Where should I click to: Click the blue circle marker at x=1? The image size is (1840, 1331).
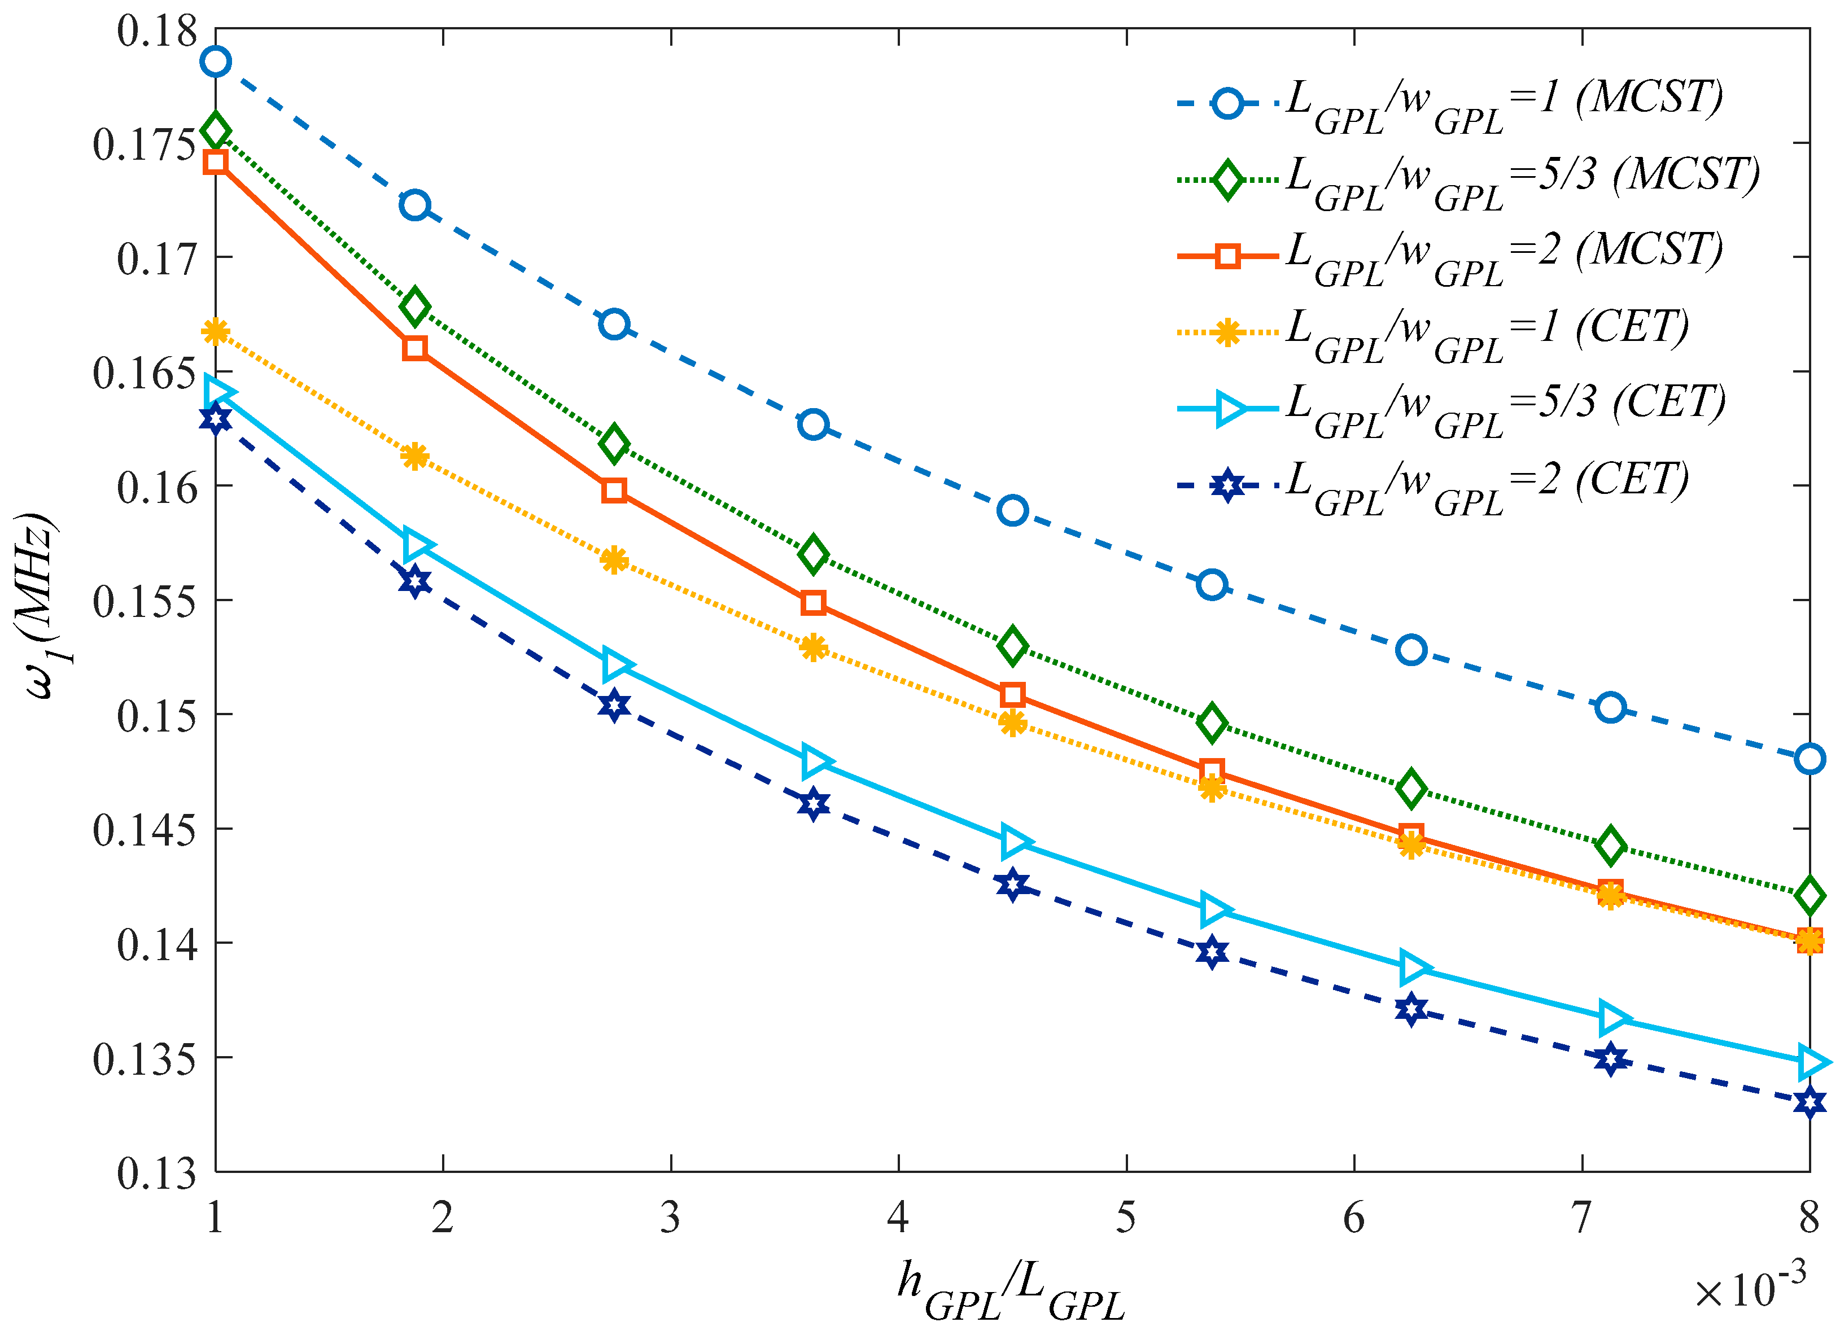216,61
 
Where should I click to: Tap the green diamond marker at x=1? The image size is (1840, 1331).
216,130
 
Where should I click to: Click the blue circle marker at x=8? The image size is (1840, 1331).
1809,759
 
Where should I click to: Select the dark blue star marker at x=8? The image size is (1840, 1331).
1809,1102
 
